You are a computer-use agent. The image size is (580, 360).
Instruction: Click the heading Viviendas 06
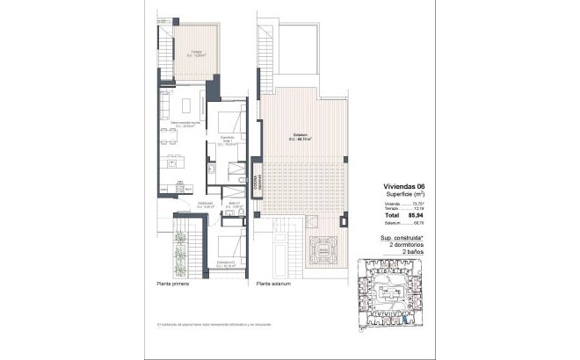403,186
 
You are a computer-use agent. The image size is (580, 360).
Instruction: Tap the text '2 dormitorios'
403,244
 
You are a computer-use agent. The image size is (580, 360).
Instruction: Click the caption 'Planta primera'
175,284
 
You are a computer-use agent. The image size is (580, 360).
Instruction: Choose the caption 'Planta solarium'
274,284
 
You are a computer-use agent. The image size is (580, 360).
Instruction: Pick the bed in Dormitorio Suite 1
230,122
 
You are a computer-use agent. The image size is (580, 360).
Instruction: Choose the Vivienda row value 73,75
417,203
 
